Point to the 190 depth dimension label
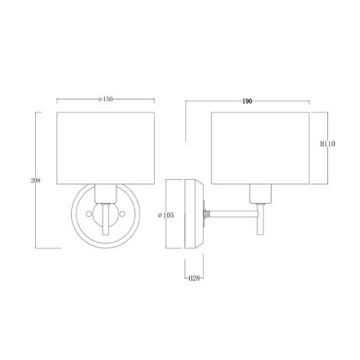pyautogui.click(x=247, y=101)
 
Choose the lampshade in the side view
pyautogui.click(x=259, y=148)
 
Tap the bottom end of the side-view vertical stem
pyautogui.click(x=260, y=234)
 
